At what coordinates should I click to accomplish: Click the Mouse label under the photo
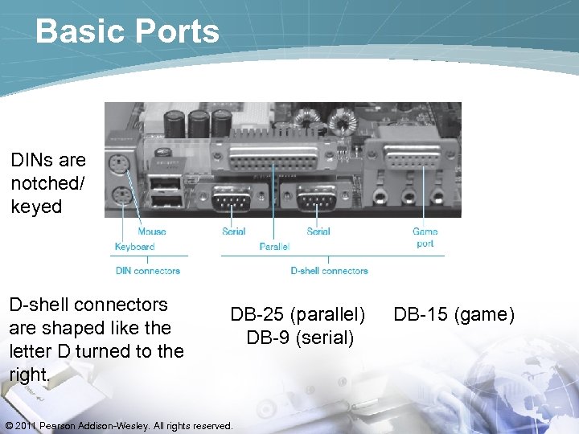(151, 231)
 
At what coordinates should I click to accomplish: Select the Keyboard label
(134, 246)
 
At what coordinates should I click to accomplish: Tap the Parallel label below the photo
(274, 246)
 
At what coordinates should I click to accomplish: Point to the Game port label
(425, 237)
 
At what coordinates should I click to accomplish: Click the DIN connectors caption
(148, 271)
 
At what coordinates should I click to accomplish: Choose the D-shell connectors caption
(329, 271)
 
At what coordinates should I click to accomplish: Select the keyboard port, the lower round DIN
(121, 194)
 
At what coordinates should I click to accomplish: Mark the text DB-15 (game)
(454, 314)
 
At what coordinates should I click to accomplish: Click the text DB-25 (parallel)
(298, 314)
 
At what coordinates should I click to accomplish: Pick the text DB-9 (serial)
(300, 338)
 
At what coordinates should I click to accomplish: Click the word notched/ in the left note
(47, 182)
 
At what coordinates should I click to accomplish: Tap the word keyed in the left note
(35, 206)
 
